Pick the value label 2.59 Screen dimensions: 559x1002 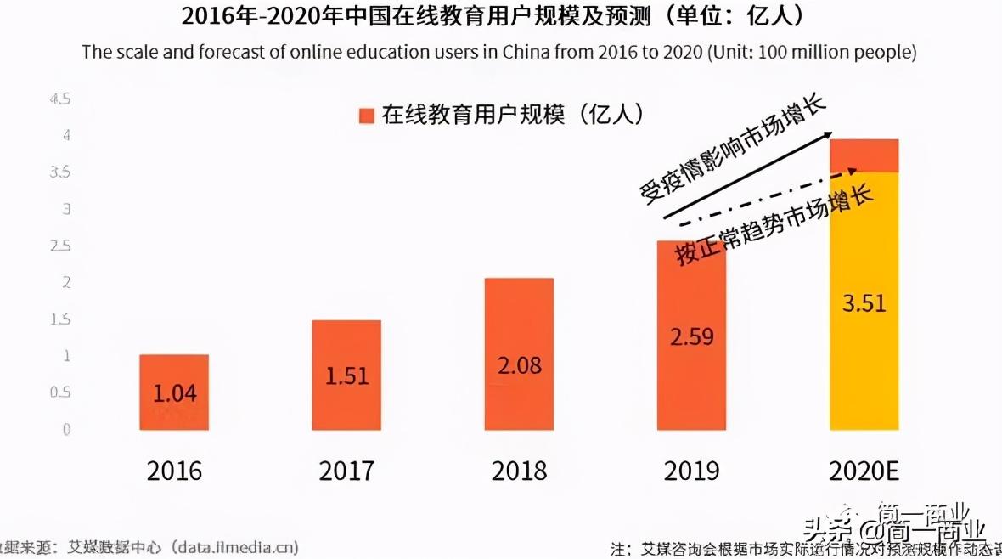(x=691, y=336)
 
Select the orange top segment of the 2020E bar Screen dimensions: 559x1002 (x=864, y=155)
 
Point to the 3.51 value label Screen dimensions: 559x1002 (x=864, y=302)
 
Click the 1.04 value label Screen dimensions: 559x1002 (x=175, y=393)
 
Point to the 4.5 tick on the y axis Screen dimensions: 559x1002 (x=60, y=99)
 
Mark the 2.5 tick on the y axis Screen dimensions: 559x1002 (x=60, y=246)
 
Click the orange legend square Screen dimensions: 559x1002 (x=367, y=116)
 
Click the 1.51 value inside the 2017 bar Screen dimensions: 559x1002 (x=347, y=375)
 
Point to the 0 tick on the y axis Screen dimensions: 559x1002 (x=65, y=429)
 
